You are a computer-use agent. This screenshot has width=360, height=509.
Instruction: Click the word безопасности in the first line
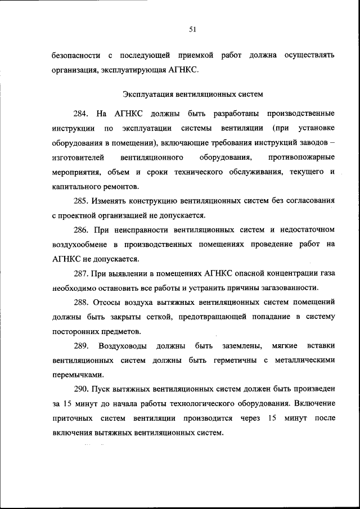(x=76, y=56)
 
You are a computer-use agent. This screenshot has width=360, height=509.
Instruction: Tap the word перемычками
(x=75, y=375)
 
